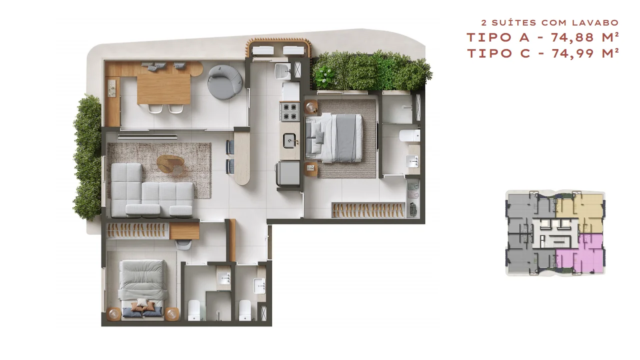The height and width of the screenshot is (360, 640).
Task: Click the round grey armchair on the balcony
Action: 225,82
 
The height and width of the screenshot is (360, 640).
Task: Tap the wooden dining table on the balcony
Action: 164,89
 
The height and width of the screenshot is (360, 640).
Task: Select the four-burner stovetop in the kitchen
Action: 290,112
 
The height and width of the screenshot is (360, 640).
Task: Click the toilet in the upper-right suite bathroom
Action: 410,136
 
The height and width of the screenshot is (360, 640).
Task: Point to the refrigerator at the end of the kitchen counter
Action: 288,173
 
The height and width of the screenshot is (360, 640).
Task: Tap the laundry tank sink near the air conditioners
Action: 282,72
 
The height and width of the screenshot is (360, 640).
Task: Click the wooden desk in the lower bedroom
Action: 184,231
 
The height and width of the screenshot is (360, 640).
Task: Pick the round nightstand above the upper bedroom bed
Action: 311,107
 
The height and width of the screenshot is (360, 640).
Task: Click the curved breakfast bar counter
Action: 242,158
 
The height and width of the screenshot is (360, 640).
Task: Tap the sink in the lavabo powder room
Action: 259,286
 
